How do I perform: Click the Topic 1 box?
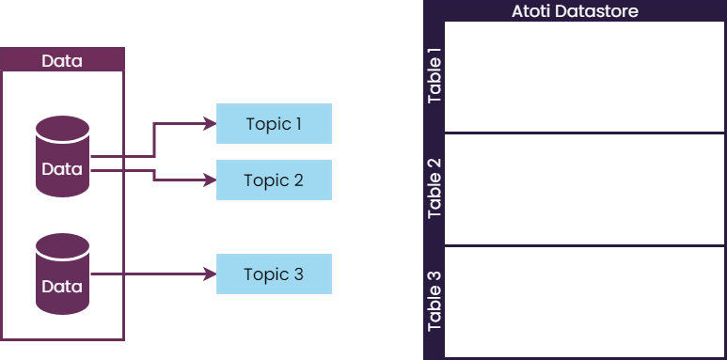pos(274,123)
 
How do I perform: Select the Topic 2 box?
pos(274,180)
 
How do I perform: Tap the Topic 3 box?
pos(274,274)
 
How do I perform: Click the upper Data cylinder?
pos(62,157)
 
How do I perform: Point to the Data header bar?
pos(62,61)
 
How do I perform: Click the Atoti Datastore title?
pos(575,11)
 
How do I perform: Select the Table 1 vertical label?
pos(435,77)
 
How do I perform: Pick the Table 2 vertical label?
pos(435,189)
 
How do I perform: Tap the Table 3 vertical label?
pos(435,302)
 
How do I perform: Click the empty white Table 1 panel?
pos(584,77)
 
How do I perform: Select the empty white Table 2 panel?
pos(584,189)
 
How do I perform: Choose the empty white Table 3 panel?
pos(584,302)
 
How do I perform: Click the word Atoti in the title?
pos(531,11)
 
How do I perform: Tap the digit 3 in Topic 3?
pos(298,274)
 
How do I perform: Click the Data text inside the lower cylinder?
pos(62,287)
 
